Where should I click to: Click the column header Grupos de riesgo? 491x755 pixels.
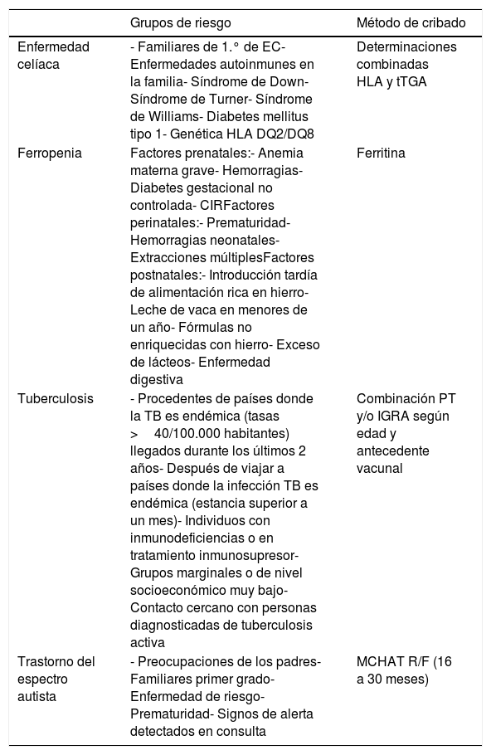pyautogui.click(x=181, y=22)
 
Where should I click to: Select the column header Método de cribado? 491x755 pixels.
pyautogui.click(x=411, y=22)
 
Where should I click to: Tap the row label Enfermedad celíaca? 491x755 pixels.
pyautogui.click(x=53, y=55)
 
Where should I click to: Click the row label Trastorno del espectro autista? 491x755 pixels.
pyautogui.click(x=56, y=677)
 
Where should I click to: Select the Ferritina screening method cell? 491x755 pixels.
pyautogui.click(x=381, y=153)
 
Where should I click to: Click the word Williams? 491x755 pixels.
pyautogui.click(x=174, y=116)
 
